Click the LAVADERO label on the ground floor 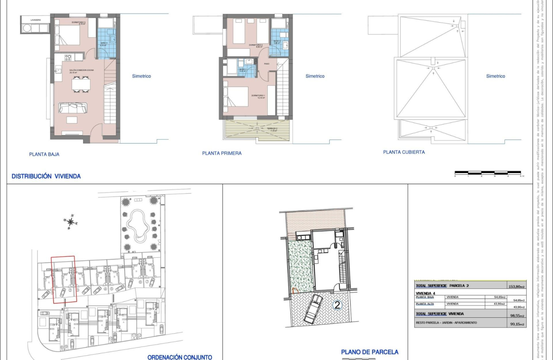[36, 20]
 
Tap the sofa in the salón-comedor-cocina [73, 108]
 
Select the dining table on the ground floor [80, 85]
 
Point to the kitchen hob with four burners [67, 57]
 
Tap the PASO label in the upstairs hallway [266, 64]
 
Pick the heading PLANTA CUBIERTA [404, 152]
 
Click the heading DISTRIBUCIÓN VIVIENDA [46, 176]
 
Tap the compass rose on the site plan [71, 222]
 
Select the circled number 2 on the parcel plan [336, 305]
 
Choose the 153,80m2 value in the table [517, 287]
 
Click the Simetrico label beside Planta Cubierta [496, 76]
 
